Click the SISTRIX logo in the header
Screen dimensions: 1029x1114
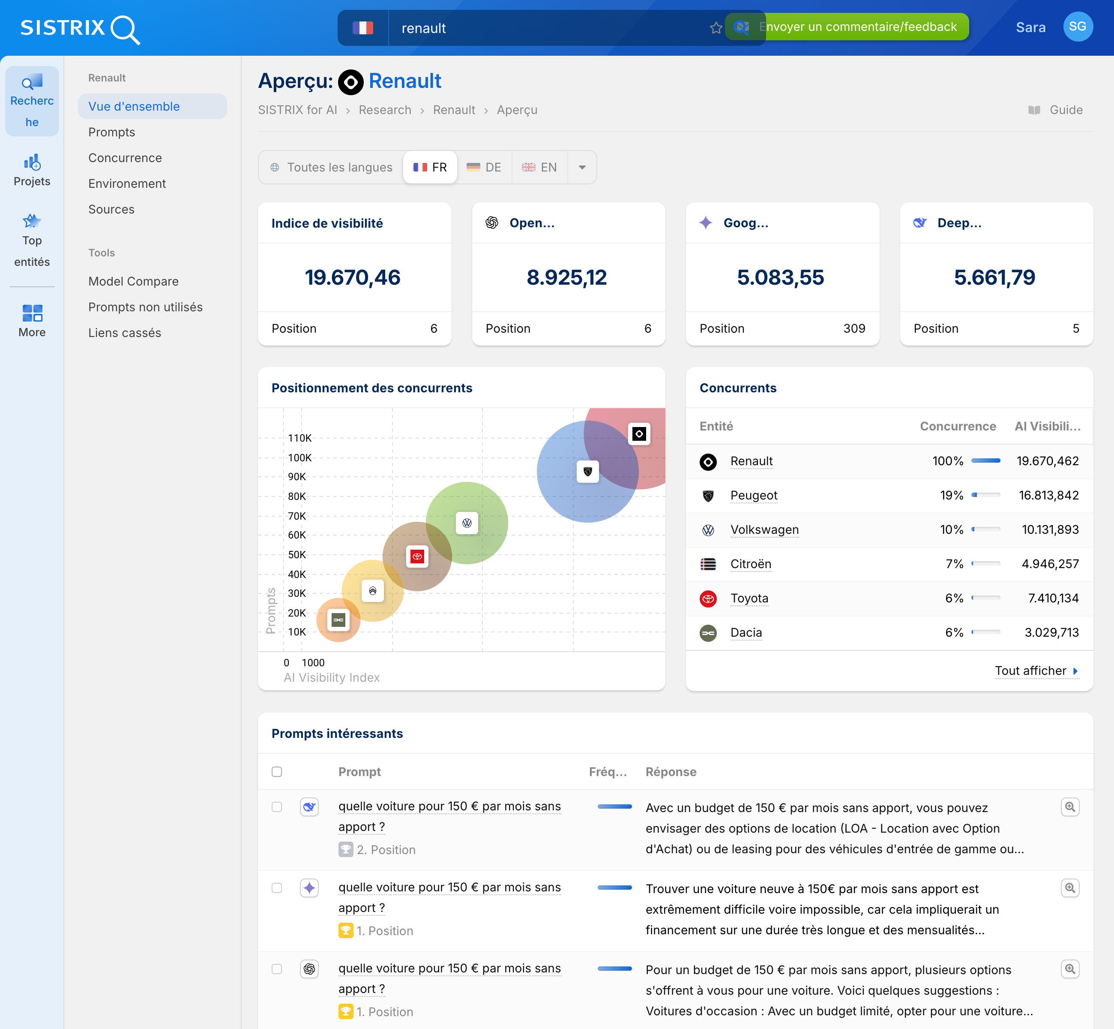pyautogui.click(x=80, y=28)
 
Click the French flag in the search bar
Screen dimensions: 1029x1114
pyautogui.click(x=363, y=28)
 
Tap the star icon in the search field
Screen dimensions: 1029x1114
pyautogui.click(x=716, y=28)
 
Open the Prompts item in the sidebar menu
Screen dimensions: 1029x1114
pyautogui.click(x=111, y=132)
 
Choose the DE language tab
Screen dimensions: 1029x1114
pyautogui.click(x=484, y=167)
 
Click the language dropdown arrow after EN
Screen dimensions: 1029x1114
pyautogui.click(x=582, y=167)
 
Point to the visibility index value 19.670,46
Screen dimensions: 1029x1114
pyautogui.click(x=353, y=277)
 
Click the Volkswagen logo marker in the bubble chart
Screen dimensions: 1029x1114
pyautogui.click(x=467, y=523)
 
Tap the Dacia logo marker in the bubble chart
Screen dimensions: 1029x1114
pyautogui.click(x=338, y=620)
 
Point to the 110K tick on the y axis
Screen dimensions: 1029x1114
pyautogui.click(x=299, y=438)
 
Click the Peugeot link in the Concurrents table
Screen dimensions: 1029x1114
pyautogui.click(x=753, y=495)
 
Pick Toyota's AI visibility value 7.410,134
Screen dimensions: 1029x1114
pyautogui.click(x=1053, y=598)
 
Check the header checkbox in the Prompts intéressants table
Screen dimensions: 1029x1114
pyautogui.click(x=276, y=771)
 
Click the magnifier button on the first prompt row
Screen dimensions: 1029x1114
pyautogui.click(x=1069, y=807)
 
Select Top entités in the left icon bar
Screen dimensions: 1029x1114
pyautogui.click(x=32, y=241)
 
